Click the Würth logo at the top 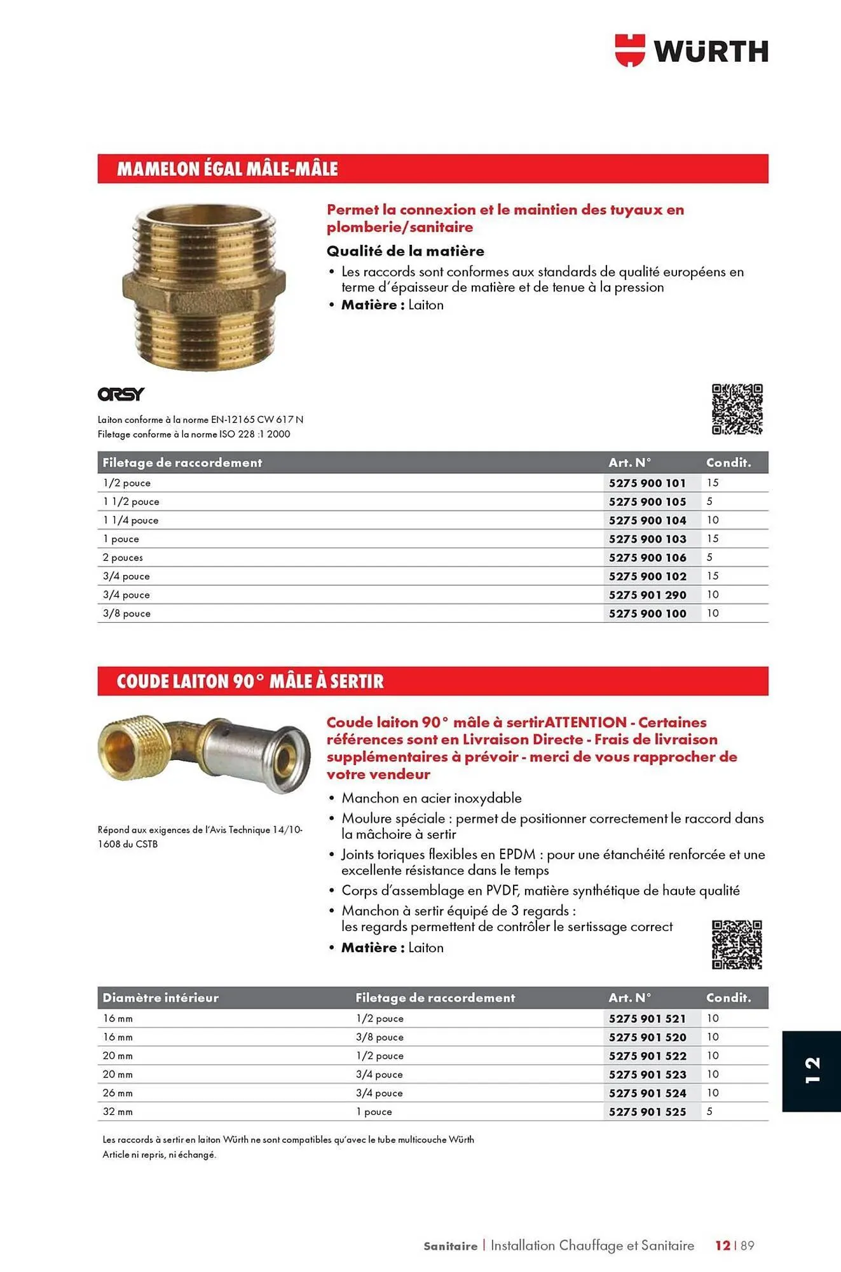[692, 51]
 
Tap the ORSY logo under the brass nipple [121, 394]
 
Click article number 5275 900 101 [647, 483]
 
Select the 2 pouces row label [123, 558]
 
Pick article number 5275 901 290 [647, 595]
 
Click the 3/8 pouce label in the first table [126, 614]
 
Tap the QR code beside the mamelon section [737, 409]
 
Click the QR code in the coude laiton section [737, 944]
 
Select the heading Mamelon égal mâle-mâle [227, 169]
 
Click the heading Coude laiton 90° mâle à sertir [250, 682]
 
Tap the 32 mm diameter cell [118, 1112]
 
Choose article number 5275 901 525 [647, 1112]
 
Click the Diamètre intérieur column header [160, 998]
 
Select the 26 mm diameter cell [118, 1093]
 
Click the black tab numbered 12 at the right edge [812, 1071]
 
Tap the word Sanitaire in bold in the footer [450, 1246]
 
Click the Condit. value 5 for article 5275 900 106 [709, 558]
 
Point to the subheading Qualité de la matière [405, 251]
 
